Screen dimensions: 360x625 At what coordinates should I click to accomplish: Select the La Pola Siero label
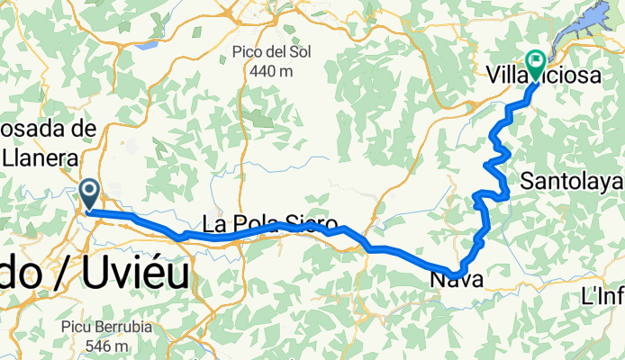click(x=269, y=224)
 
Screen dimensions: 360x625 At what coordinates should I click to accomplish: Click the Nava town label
click(x=457, y=280)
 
